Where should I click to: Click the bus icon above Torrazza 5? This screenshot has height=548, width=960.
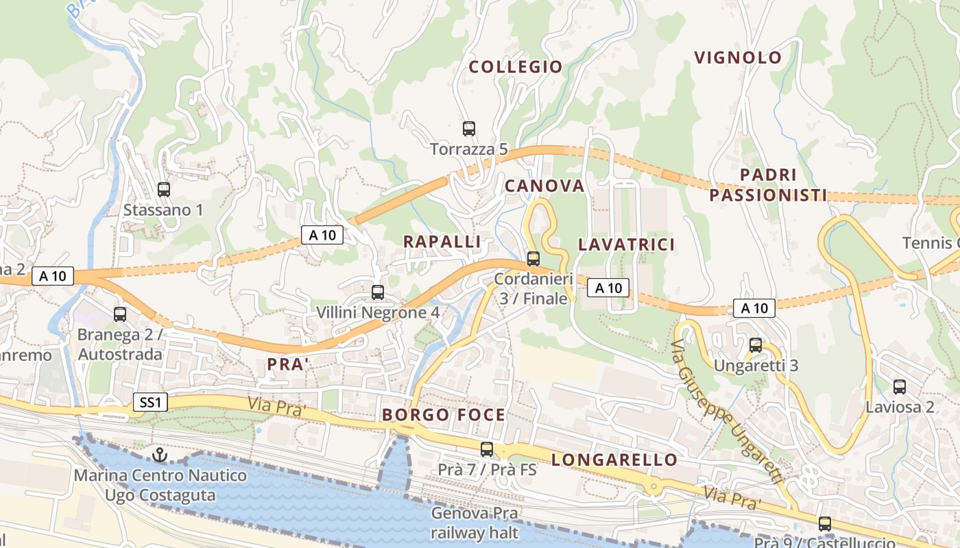(x=469, y=128)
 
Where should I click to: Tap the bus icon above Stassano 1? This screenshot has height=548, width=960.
(x=163, y=190)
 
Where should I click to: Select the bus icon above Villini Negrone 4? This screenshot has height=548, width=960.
(x=377, y=292)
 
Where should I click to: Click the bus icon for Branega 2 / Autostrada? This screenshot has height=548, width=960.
(x=120, y=314)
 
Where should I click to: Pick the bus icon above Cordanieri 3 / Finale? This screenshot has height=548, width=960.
(x=533, y=259)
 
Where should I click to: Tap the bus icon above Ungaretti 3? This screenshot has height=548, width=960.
(x=756, y=345)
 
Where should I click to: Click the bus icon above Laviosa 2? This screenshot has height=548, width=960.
(x=900, y=387)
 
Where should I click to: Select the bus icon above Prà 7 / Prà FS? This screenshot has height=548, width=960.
(x=487, y=449)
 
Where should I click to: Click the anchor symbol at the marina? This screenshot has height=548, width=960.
(x=160, y=454)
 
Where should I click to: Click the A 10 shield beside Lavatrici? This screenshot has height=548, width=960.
(x=608, y=288)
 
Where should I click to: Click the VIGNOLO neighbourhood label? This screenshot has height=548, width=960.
(x=738, y=58)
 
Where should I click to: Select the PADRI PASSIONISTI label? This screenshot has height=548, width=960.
(x=768, y=185)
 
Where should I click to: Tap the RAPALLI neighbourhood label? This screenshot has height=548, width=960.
(x=442, y=242)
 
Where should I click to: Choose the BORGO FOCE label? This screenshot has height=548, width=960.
(x=444, y=414)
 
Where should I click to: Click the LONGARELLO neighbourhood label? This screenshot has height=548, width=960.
(x=614, y=459)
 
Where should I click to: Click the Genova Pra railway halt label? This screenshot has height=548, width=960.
(x=475, y=523)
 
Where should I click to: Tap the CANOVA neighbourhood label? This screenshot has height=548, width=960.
(x=544, y=186)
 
